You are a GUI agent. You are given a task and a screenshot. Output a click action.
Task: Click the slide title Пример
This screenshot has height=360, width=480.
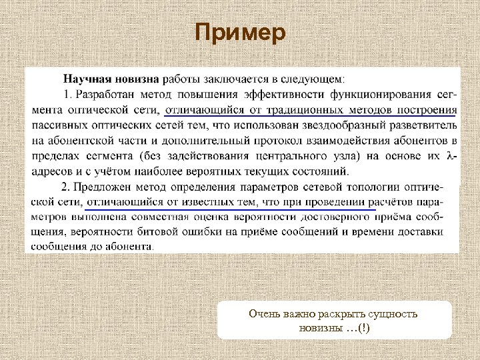point(240,32)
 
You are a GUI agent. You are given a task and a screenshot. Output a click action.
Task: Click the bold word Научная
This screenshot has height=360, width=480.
point(83,79)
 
